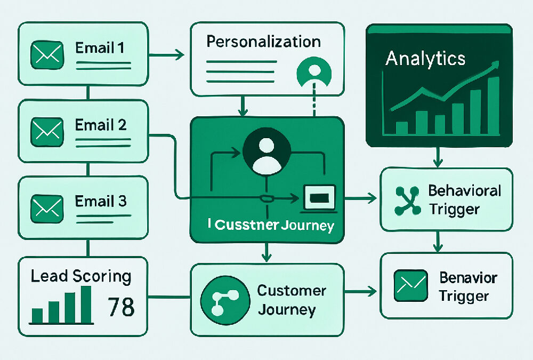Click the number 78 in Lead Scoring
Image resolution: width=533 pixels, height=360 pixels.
point(121,307)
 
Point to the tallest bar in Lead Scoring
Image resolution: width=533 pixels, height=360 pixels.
point(85,305)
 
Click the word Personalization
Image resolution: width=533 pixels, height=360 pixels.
point(263,42)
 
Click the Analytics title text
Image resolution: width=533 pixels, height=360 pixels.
point(425,58)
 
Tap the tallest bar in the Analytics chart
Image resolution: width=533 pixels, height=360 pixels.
point(492,106)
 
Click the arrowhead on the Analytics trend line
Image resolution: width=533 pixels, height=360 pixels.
point(496,65)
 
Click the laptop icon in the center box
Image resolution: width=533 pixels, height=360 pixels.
point(319,198)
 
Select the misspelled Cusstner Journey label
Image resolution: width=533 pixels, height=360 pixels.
point(271,225)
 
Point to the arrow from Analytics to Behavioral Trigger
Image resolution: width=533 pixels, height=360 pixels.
point(437,157)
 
